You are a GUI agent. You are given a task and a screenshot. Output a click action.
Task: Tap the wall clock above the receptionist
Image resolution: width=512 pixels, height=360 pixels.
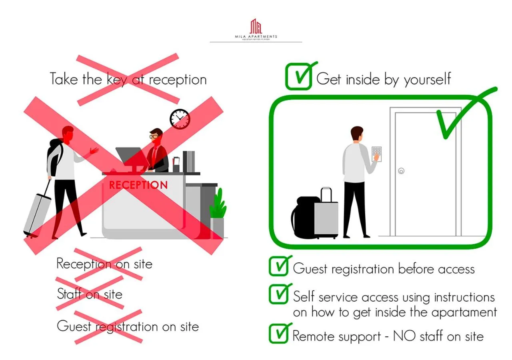pos(180,119)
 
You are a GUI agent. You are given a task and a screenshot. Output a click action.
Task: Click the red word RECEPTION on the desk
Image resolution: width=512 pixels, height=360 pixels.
pos(138,185)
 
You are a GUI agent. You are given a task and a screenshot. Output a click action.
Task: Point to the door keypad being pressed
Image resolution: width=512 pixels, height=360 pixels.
pos(377,154)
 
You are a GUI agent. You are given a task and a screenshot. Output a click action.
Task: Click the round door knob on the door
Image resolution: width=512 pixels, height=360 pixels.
pos(401,171)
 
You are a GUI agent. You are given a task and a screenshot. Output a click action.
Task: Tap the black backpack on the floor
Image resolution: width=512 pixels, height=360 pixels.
pos(305,218)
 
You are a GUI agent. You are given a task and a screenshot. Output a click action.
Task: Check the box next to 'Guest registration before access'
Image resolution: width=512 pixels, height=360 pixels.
pos(278,267)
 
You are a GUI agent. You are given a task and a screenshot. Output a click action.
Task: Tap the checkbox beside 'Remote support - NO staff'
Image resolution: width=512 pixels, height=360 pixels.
pos(278,334)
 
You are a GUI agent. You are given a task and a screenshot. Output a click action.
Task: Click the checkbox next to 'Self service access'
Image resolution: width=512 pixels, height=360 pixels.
pos(278,295)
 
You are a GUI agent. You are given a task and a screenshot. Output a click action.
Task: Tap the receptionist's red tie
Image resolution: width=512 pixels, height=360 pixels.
pos(154,154)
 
